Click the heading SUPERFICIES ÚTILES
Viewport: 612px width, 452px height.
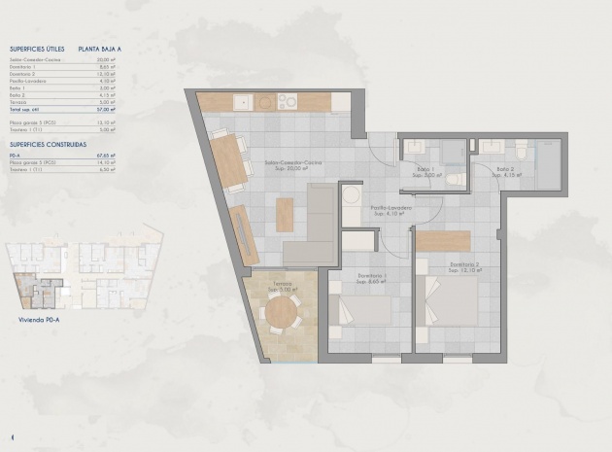[x=38, y=47]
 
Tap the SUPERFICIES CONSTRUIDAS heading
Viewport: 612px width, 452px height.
[x=48, y=144]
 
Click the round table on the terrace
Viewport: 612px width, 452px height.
[x=282, y=313]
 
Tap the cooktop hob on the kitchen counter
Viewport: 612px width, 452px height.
[x=289, y=101]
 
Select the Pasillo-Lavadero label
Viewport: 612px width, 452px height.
[x=391, y=209]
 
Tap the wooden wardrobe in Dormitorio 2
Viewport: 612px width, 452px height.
[x=443, y=241]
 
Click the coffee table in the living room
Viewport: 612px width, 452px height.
[x=285, y=214]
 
